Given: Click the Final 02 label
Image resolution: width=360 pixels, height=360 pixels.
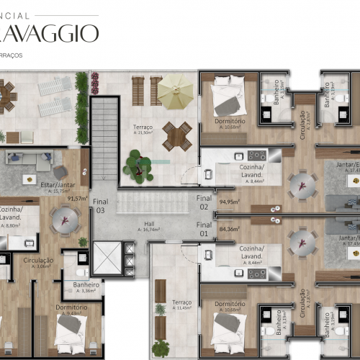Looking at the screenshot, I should [x=204, y=202].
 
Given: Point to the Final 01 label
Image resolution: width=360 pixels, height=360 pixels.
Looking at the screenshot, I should [x=204, y=230].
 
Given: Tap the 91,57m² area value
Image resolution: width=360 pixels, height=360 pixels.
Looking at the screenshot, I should [x=77, y=198].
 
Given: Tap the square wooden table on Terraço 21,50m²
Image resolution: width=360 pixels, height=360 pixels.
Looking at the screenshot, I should [x=176, y=135].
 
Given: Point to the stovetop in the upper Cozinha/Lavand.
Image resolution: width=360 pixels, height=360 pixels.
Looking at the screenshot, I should [x=256, y=156].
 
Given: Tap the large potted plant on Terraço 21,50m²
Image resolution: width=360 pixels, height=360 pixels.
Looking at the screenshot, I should [x=138, y=165].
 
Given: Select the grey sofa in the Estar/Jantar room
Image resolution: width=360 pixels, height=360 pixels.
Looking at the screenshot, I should [x=29, y=162].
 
